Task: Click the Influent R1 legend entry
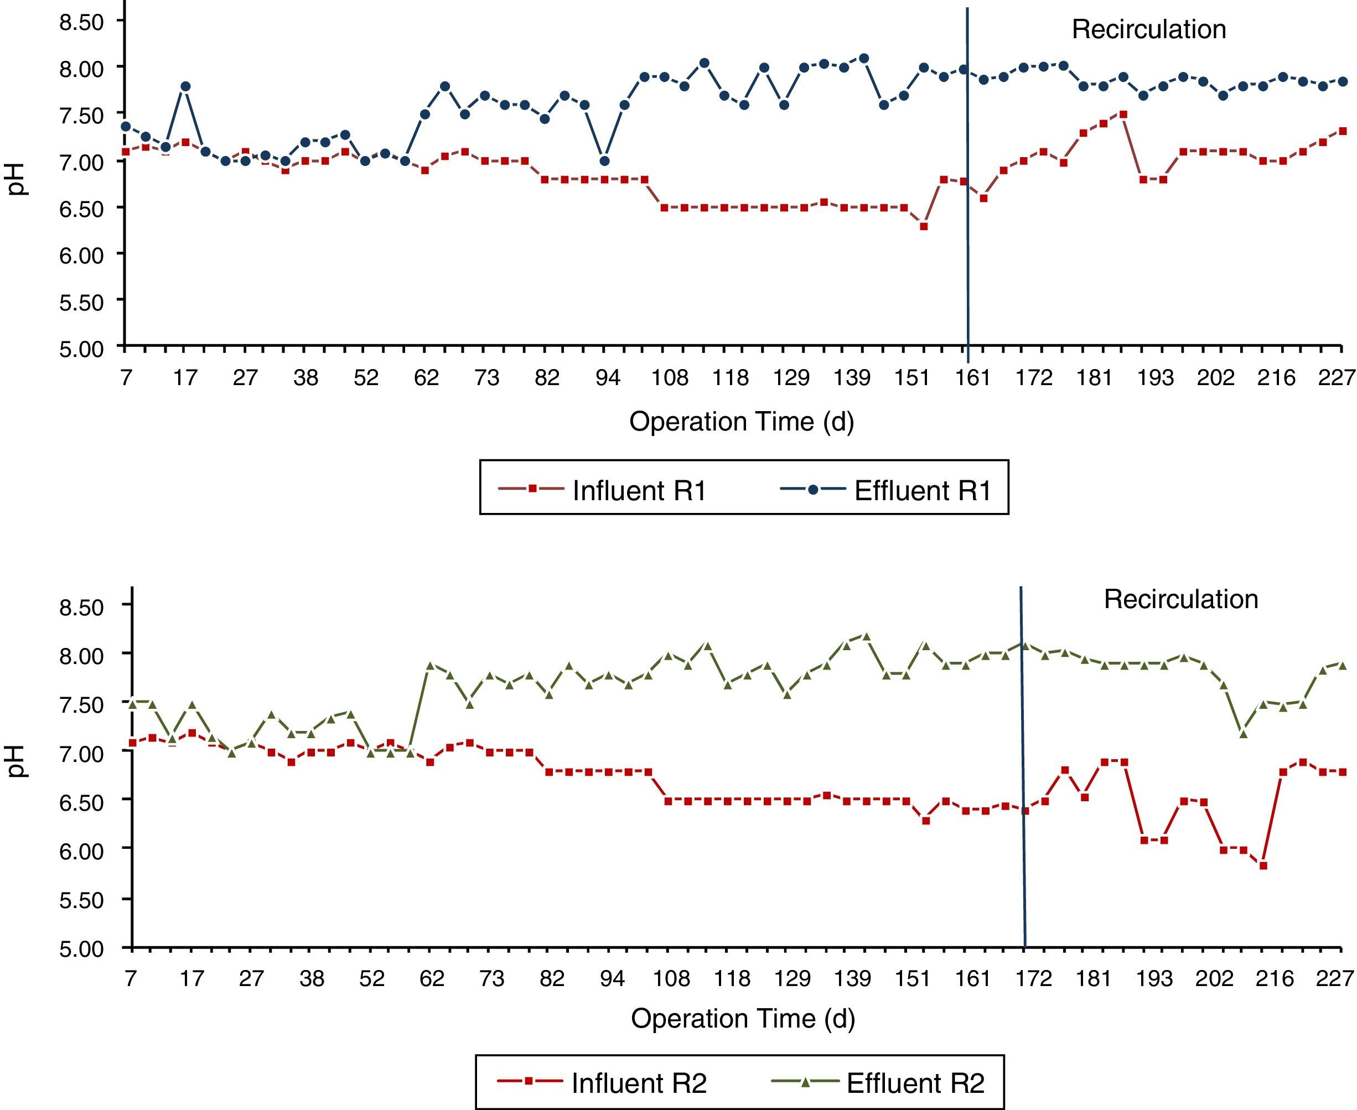pyautogui.click(x=638, y=490)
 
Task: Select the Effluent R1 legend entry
pyautogui.click(x=921, y=490)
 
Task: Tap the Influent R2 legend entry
pyautogui.click(x=638, y=1083)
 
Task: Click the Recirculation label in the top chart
pyautogui.click(x=1148, y=29)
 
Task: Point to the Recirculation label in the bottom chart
pyautogui.click(x=1180, y=599)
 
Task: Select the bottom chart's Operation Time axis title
pyautogui.click(x=743, y=1019)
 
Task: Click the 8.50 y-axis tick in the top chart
pyautogui.click(x=81, y=22)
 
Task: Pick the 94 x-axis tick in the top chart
pyautogui.click(x=607, y=378)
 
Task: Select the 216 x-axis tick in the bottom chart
pyautogui.click(x=1274, y=978)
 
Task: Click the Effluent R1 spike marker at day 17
pyautogui.click(x=185, y=86)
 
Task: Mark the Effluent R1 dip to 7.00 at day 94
pyautogui.click(x=604, y=161)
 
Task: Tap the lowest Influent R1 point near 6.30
pyautogui.click(x=924, y=226)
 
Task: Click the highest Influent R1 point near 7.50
pyautogui.click(x=1123, y=115)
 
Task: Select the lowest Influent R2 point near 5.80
pyautogui.click(x=1263, y=866)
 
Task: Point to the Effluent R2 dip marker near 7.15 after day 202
pyautogui.click(x=1243, y=734)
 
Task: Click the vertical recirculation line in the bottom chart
pyautogui.click(x=1023, y=767)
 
